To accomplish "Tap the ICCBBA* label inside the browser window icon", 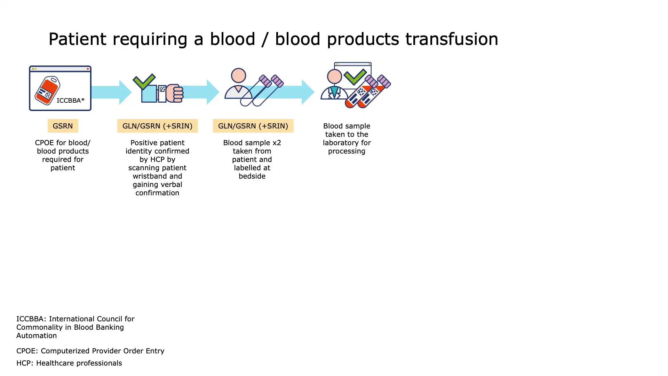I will [71, 100].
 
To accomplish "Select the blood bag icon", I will [47, 90].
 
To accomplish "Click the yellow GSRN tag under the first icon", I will [63, 126].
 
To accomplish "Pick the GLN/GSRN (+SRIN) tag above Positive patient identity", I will [157, 126].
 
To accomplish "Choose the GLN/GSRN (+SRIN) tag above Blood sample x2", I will [253, 126].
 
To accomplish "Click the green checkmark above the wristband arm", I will [144, 81].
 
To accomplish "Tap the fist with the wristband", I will [175, 93].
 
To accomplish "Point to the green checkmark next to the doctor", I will [355, 77].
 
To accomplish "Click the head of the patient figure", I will [239, 76].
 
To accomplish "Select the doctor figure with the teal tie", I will [334, 86].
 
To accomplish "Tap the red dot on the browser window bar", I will [88, 69].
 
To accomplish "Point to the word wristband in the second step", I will [149, 176].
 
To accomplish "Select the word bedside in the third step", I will [252, 176].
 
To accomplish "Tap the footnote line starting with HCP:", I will [69, 363].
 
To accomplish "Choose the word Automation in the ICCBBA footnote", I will [37, 336].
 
